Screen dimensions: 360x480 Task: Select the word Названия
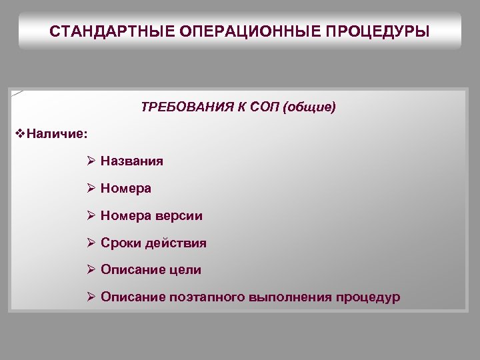tap(132, 161)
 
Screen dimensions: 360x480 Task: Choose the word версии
tap(179, 216)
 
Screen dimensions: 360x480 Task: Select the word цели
tap(185, 270)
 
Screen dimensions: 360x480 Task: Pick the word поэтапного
tap(206, 297)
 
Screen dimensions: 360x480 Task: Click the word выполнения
tap(289, 297)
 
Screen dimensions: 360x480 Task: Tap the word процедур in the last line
tap(368, 297)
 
